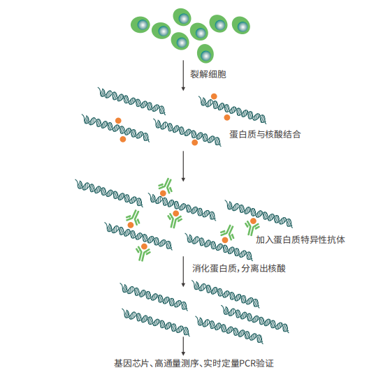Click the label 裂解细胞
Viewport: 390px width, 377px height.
click(x=208, y=74)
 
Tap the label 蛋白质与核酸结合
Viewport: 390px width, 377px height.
click(x=265, y=134)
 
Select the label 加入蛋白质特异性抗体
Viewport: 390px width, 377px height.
click(x=301, y=239)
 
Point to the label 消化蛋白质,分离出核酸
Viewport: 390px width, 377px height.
click(x=239, y=268)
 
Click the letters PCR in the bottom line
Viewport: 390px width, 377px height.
click(x=247, y=363)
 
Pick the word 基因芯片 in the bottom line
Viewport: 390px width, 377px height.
click(x=131, y=363)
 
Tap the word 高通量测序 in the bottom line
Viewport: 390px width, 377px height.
click(x=177, y=363)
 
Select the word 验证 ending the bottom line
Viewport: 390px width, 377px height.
click(x=265, y=363)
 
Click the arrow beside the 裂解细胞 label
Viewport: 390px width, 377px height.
click(x=183, y=75)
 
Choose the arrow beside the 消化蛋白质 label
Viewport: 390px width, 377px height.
click(x=183, y=272)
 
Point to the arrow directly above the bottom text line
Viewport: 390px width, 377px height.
click(x=183, y=346)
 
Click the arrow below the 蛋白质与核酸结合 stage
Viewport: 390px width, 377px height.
click(x=183, y=166)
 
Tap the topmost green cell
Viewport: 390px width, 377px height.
click(x=182, y=17)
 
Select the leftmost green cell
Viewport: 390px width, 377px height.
click(x=140, y=24)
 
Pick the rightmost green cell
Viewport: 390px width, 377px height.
click(x=241, y=25)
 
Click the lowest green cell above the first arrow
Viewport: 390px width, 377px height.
click(x=205, y=54)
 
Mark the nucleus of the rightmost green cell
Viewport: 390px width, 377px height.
click(x=243, y=27)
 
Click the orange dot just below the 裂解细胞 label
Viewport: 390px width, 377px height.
click(x=214, y=96)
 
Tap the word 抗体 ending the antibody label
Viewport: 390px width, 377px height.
click(x=336, y=239)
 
